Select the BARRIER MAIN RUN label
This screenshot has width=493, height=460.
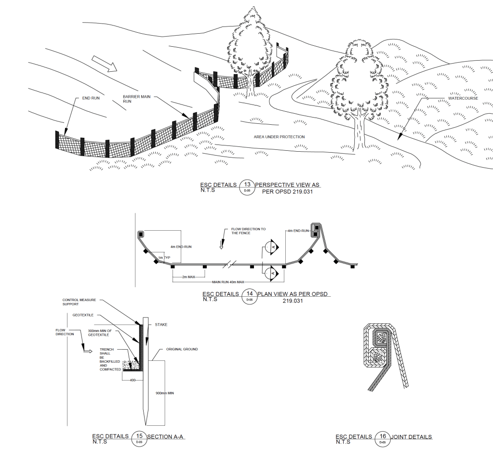point(137,99)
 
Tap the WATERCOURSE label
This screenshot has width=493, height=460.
point(463,98)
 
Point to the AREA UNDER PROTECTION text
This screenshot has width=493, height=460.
point(279,137)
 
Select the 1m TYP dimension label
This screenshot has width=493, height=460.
point(164,258)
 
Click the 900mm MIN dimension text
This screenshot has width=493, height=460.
point(164,394)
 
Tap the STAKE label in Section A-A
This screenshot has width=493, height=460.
point(161,325)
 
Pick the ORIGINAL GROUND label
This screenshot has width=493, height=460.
point(182,349)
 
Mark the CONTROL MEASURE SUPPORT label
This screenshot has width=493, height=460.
point(79,302)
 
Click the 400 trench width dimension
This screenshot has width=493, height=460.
point(133,380)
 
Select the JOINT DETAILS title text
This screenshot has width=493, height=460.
point(412,437)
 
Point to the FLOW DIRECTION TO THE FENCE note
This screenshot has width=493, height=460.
point(248,231)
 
